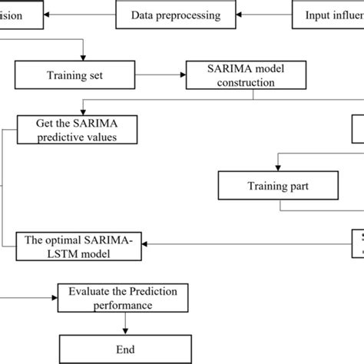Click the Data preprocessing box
coord(175,15)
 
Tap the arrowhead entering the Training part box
coord(279,167)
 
